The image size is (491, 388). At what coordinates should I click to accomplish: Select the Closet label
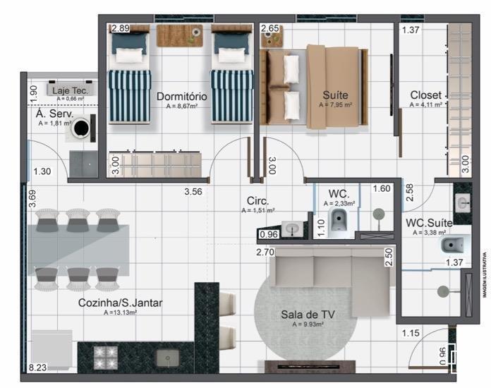coord(426,95)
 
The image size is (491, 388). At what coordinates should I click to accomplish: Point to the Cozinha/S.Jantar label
coord(120,303)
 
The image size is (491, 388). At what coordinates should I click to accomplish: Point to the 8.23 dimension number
coord(37,368)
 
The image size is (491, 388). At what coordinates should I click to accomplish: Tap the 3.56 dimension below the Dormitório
coord(193,190)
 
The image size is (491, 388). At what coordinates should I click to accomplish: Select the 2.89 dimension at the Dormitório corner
coord(120,29)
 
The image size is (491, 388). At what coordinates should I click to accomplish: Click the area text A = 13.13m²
coord(120,313)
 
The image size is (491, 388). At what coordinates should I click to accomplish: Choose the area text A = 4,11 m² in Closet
coord(426,105)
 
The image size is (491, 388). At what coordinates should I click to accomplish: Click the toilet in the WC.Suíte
coord(451,245)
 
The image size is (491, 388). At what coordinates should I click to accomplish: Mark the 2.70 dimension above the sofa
coord(265,251)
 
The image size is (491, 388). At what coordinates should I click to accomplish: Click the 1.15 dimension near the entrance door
coord(411,333)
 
